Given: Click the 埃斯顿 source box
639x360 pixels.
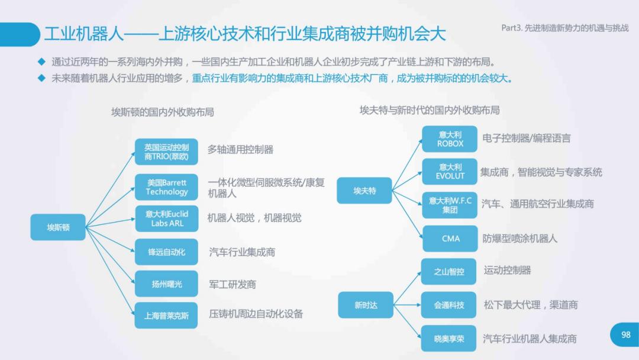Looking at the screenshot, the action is click(58, 227).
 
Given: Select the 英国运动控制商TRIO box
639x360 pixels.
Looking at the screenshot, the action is click(166, 152).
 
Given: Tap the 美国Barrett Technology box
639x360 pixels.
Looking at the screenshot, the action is click(166, 187).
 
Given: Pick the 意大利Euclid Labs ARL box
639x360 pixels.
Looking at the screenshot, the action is click(166, 218).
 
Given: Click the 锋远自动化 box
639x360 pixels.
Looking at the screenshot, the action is click(166, 252).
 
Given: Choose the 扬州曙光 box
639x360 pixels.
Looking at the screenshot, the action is click(166, 284).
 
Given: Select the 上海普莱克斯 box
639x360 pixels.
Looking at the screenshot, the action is click(166, 315).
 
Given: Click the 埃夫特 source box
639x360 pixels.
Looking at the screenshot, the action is click(364, 191).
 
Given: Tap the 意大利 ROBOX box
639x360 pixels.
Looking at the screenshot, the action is click(450, 139).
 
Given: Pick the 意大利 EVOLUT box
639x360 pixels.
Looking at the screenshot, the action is click(450, 172).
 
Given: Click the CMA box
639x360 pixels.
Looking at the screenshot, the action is click(450, 239).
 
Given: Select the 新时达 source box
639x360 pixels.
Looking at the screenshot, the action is click(366, 305).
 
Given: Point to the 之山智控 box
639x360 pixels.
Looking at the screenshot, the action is click(448, 272).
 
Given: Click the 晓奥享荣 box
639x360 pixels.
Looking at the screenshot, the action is click(448, 339).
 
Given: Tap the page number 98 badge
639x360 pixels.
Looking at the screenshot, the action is click(625, 335).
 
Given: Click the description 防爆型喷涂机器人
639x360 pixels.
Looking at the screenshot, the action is click(519, 239).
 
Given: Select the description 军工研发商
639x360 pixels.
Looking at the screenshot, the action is click(233, 285).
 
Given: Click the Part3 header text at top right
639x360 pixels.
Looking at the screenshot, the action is click(565, 28).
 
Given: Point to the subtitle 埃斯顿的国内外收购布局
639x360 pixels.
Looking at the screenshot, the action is click(163, 112).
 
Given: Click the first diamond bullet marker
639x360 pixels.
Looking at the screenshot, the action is click(41, 62).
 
